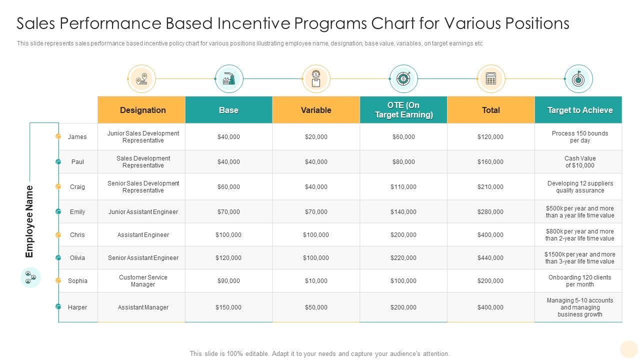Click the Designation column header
142,110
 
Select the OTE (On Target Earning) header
403,110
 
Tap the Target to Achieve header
579,110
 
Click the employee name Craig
77,187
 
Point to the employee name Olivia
77,258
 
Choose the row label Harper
77,307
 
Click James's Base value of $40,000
228,137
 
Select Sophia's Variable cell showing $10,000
316,281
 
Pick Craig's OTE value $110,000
403,187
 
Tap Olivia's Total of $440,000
490,258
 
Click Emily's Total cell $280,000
490,212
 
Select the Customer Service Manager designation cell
143,281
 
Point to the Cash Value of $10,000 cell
580,162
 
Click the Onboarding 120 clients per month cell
580,281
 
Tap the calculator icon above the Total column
491,79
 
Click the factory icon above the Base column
229,79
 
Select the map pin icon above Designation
142,79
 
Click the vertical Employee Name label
29,221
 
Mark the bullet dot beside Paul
58,162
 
